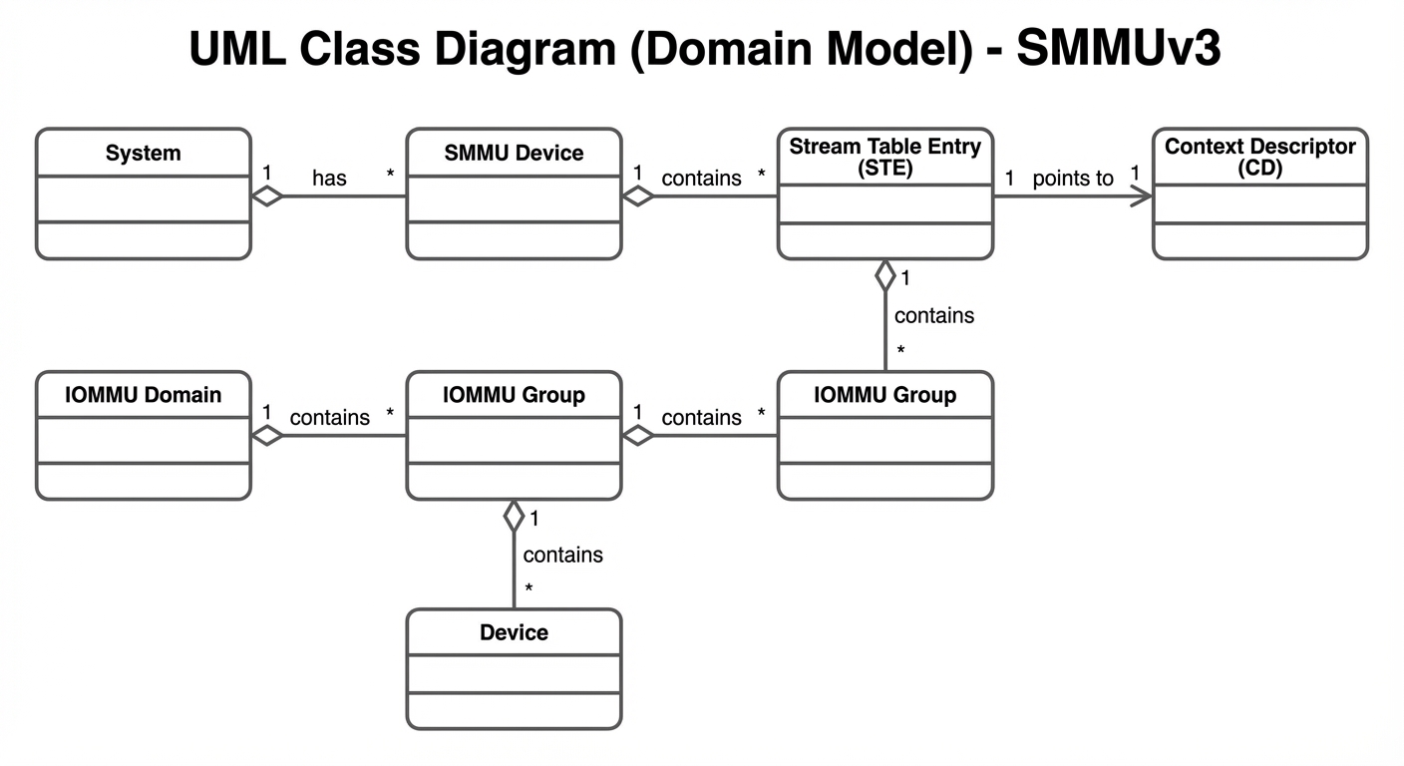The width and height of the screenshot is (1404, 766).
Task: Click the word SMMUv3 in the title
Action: (1118, 48)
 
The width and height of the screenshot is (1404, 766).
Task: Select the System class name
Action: (144, 153)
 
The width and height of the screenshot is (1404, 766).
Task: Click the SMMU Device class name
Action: (514, 153)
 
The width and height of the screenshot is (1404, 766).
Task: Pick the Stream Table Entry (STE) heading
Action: (884, 157)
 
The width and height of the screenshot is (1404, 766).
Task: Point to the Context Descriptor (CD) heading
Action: (1259, 157)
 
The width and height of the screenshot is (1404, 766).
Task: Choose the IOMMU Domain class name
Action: (144, 395)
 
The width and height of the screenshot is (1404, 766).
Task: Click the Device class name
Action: (514, 632)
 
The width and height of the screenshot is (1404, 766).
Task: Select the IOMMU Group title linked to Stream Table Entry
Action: (884, 395)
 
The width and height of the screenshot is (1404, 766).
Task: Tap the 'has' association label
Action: (329, 179)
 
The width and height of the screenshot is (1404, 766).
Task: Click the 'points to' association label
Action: (1073, 179)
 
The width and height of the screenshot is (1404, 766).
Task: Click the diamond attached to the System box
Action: (267, 195)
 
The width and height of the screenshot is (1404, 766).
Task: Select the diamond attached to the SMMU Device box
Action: (638, 195)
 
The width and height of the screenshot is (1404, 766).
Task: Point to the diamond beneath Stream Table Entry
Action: (885, 275)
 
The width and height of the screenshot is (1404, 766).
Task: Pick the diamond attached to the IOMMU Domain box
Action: (267, 435)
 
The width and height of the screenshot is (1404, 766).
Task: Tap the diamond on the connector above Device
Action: (515, 516)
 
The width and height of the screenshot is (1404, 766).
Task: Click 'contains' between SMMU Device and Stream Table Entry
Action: (701, 179)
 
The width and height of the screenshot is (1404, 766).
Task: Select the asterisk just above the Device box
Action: (528, 589)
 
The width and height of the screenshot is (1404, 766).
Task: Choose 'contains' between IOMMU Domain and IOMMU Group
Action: (329, 418)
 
